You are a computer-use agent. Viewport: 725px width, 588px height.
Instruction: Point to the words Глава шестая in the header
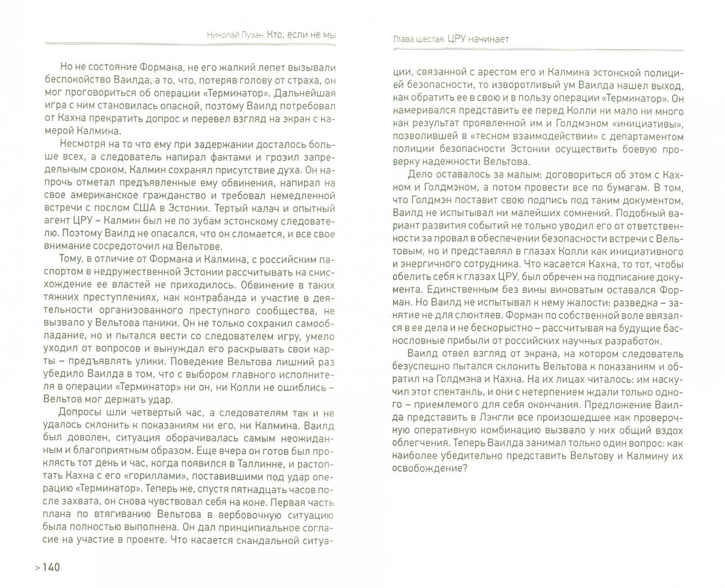[418, 39]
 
